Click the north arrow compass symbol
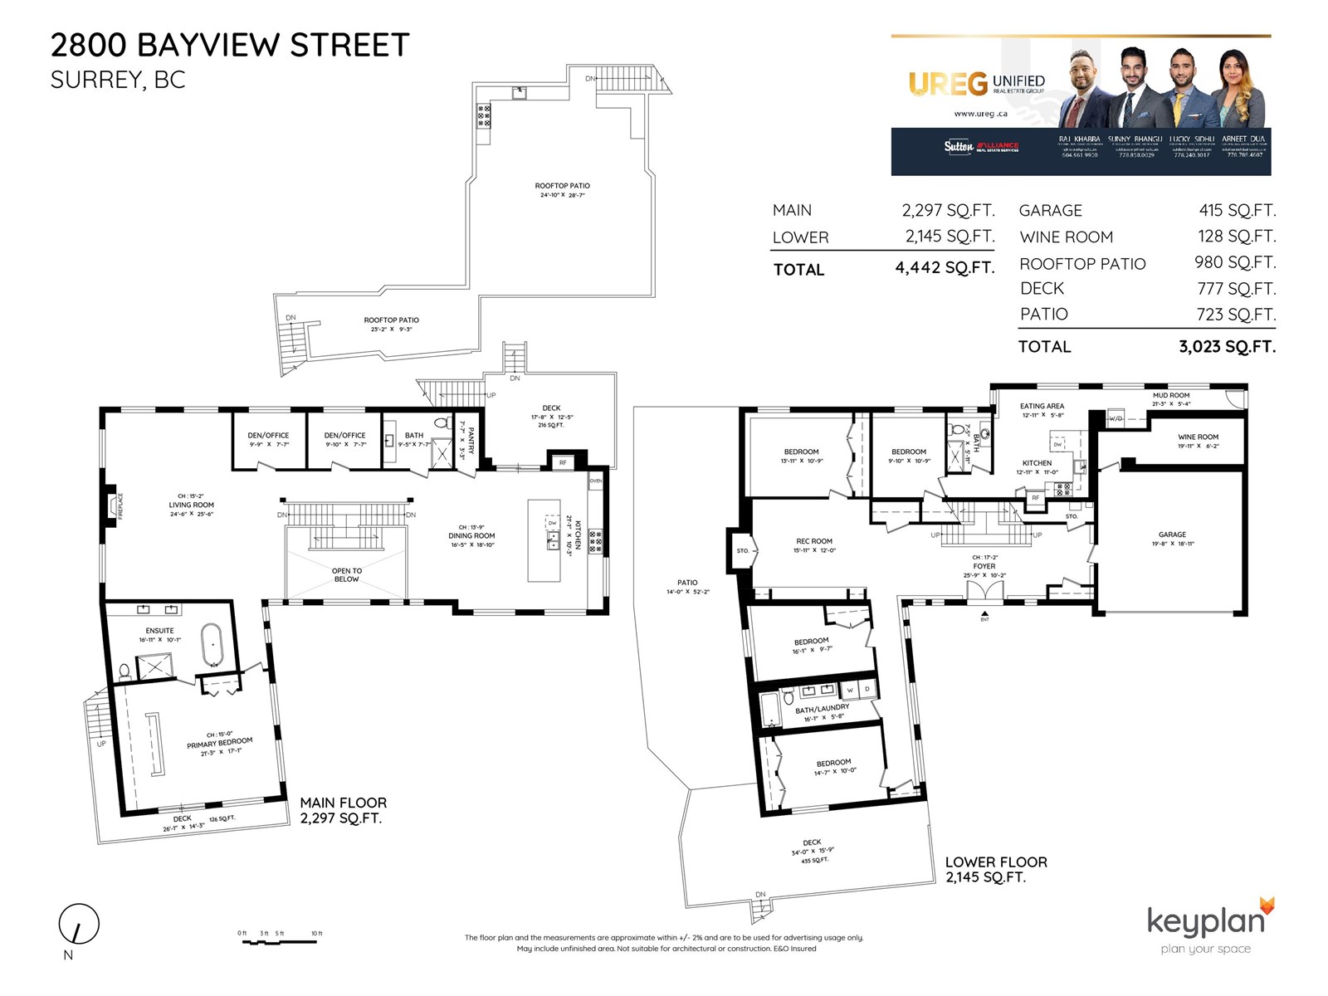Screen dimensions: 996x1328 79,924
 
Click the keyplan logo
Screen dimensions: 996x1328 1206,921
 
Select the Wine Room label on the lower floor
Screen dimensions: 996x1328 1198,437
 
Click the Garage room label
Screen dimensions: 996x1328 1172,535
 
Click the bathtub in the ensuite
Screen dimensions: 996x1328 212,646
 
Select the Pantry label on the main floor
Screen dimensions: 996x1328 471,440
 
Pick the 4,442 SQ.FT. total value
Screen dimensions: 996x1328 944,268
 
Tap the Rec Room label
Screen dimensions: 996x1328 814,541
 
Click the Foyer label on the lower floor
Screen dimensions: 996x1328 984,566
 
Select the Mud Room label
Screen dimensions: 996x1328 1170,396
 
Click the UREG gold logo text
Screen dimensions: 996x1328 948,83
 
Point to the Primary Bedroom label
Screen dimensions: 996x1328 219,743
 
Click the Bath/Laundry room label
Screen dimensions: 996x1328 822,709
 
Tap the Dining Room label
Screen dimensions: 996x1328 471,535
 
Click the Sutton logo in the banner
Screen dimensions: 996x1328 959,146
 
